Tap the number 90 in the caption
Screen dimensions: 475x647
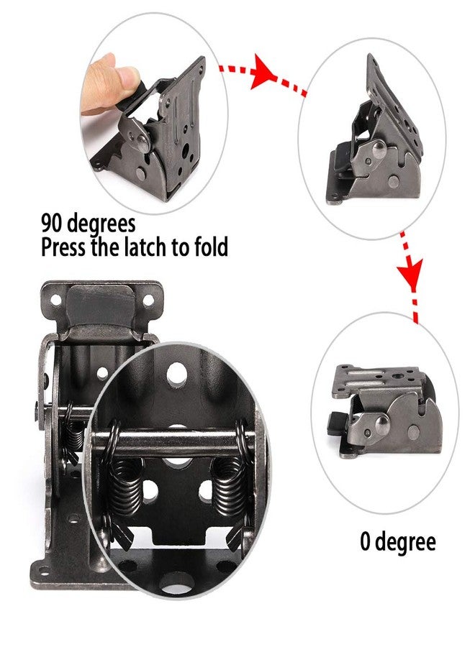coord(53,223)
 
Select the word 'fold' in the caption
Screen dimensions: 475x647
coord(211,247)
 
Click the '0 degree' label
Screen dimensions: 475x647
coord(398,542)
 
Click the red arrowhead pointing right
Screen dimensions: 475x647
coord(264,72)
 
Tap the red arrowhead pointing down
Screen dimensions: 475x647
coord(410,274)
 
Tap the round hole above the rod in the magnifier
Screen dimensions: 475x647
coord(177,374)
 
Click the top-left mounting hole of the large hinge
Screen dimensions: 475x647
coord(55,300)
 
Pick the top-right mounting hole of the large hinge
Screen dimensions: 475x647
coord(148,300)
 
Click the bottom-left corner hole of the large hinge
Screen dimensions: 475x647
coord(43,571)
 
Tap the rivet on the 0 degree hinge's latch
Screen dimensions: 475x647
coord(382,421)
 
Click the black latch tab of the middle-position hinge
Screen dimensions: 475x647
coord(340,162)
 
